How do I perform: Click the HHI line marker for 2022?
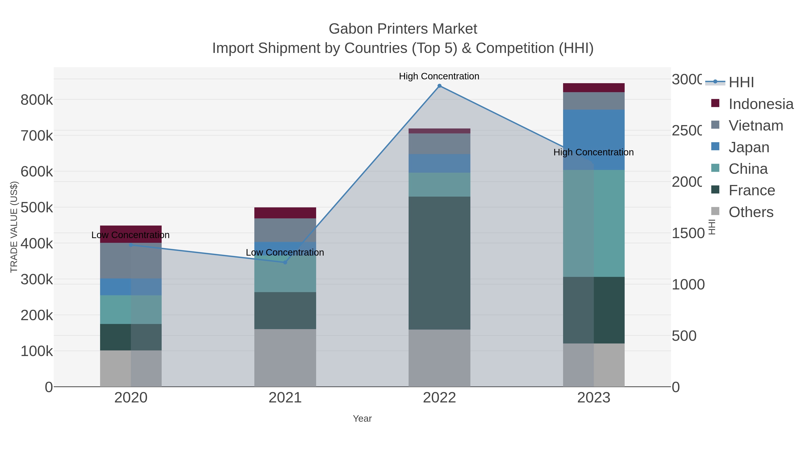[439, 86]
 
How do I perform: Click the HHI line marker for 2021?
[285, 263]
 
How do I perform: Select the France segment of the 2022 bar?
[439, 263]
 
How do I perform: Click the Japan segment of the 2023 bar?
[594, 140]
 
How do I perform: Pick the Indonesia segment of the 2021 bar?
[285, 213]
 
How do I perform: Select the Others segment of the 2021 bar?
[285, 358]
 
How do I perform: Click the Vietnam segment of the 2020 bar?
[131, 261]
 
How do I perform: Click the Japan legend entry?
[748, 147]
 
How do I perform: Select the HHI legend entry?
[741, 83]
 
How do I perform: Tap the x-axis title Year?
[362, 419]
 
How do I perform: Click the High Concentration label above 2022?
[439, 76]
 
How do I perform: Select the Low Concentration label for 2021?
[285, 252]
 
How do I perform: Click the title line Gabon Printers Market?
[403, 29]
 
